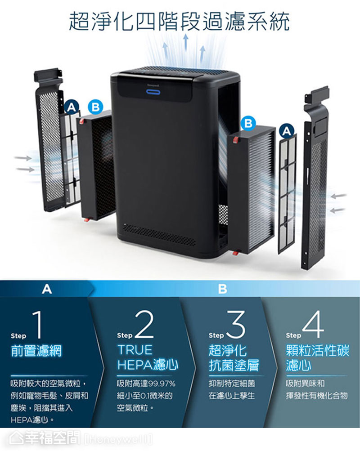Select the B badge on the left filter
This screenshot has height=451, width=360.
point(95,107)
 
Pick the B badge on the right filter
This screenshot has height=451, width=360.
point(248,123)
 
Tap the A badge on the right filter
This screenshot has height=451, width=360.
point(286,131)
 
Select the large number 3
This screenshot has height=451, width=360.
point(236,324)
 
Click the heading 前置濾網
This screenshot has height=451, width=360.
point(36,351)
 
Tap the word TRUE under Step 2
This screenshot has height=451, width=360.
point(135,350)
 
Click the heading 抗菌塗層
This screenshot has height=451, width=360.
point(234,365)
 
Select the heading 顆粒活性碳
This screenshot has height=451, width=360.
point(317,351)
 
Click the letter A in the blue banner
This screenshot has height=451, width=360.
point(47,289)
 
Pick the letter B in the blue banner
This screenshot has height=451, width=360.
point(222,289)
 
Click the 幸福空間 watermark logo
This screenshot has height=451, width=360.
point(44,438)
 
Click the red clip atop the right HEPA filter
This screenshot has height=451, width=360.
point(236,140)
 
